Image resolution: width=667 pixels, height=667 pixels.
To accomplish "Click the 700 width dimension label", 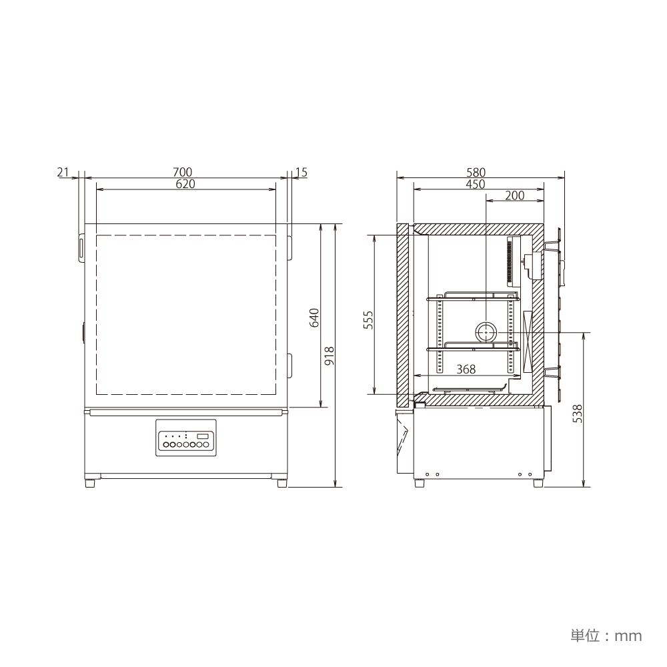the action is [x=183, y=172].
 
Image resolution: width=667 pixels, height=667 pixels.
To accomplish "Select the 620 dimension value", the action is [x=185, y=183].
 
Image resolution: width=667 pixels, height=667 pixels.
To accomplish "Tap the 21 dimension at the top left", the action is [x=63, y=172].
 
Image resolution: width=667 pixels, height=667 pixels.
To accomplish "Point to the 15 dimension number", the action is [x=301, y=172].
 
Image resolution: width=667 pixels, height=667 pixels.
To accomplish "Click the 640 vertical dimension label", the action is [x=314, y=317].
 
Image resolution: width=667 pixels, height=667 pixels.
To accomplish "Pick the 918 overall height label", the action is [x=329, y=356].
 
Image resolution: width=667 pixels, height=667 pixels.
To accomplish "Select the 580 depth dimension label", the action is [x=476, y=172].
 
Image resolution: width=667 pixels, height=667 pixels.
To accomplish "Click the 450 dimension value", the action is [x=476, y=183].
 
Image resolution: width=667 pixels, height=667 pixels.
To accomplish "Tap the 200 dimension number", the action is [x=515, y=195].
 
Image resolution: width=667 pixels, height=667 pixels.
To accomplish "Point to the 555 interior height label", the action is [x=368, y=320].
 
